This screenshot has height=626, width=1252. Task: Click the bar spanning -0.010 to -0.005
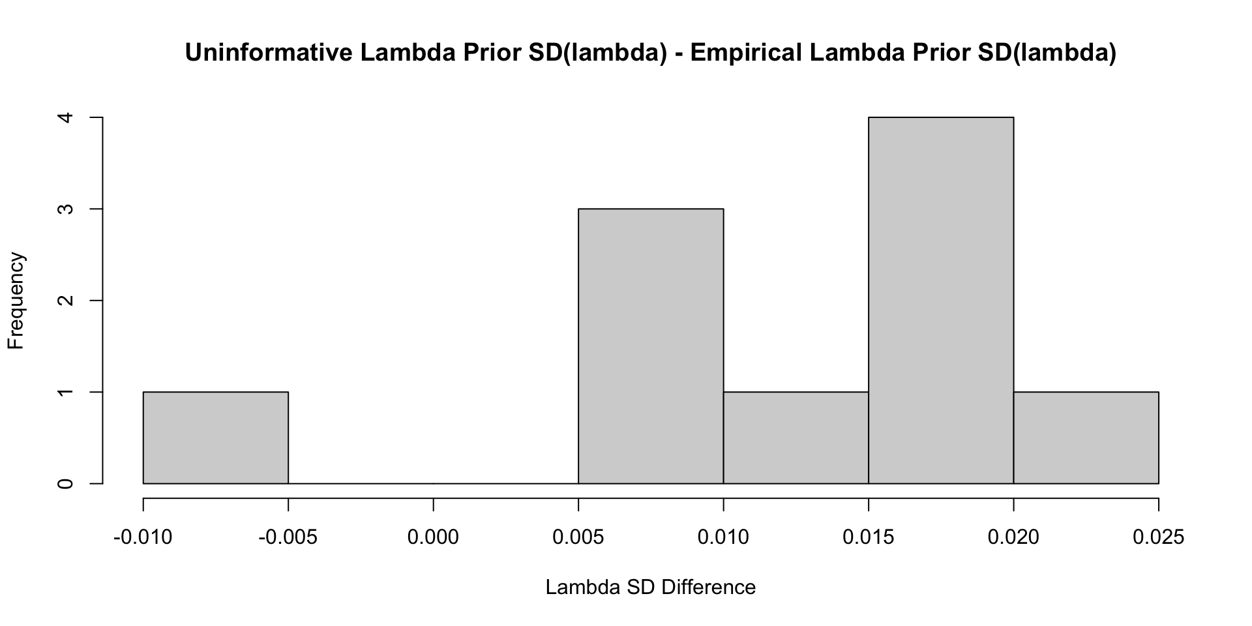(216, 438)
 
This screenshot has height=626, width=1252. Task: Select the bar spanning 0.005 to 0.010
(651, 346)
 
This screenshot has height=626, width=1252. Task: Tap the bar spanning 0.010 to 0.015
(796, 438)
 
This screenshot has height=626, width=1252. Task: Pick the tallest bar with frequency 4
(941, 301)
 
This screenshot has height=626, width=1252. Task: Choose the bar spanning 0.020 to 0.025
(1086, 438)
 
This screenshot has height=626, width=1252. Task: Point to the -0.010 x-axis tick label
(143, 537)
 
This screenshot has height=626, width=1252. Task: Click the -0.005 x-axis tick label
(288, 537)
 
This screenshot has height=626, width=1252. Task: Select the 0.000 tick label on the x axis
(433, 537)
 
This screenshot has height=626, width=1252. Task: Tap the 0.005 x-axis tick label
(578, 537)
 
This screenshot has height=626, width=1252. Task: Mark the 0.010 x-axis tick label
(723, 537)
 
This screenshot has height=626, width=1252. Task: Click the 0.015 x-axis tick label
(869, 537)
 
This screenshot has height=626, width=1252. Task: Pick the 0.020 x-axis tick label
(1013, 537)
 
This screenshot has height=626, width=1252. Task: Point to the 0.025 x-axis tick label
(1158, 537)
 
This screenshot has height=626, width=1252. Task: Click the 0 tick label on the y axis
(66, 484)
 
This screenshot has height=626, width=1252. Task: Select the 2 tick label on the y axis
(66, 301)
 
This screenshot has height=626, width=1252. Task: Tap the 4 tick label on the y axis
(66, 117)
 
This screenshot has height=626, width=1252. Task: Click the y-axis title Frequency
(16, 301)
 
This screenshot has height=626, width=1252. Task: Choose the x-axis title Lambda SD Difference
(650, 588)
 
